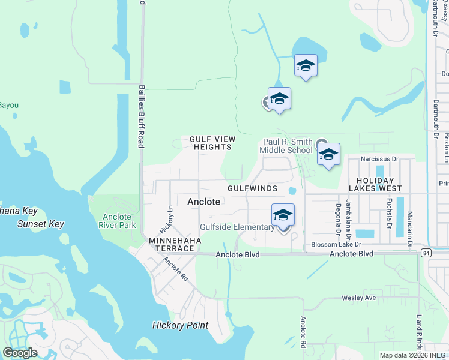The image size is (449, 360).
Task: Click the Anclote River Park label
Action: [x=117, y=221]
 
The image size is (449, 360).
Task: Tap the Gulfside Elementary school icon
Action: [x=283, y=215]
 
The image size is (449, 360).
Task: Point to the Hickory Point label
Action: [x=180, y=326]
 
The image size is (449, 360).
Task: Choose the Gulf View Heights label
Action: [x=211, y=143]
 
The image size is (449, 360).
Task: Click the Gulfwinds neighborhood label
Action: [x=252, y=188]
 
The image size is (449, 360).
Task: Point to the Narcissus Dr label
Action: [x=379, y=159]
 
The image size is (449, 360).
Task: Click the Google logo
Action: [x=20, y=353]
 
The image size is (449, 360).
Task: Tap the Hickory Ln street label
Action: [x=166, y=221]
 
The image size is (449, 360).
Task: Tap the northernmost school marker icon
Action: [x=306, y=66]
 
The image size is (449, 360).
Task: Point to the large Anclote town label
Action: [x=204, y=202]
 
